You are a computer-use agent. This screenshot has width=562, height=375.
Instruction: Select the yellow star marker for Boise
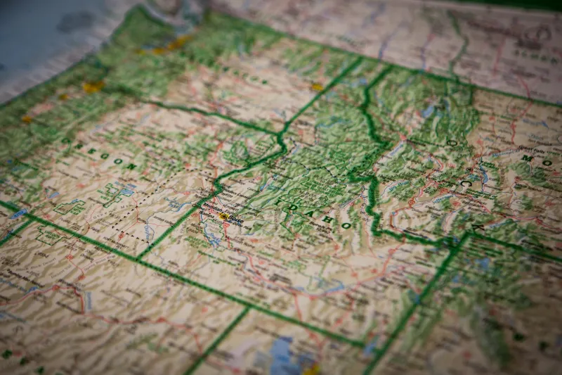(x=223, y=217)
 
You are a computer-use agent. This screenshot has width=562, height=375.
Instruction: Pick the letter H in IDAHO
(x=329, y=220)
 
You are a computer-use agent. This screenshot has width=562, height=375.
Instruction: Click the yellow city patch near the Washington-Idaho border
(x=317, y=87)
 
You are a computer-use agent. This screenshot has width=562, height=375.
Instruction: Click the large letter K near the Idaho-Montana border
(x=478, y=229)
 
